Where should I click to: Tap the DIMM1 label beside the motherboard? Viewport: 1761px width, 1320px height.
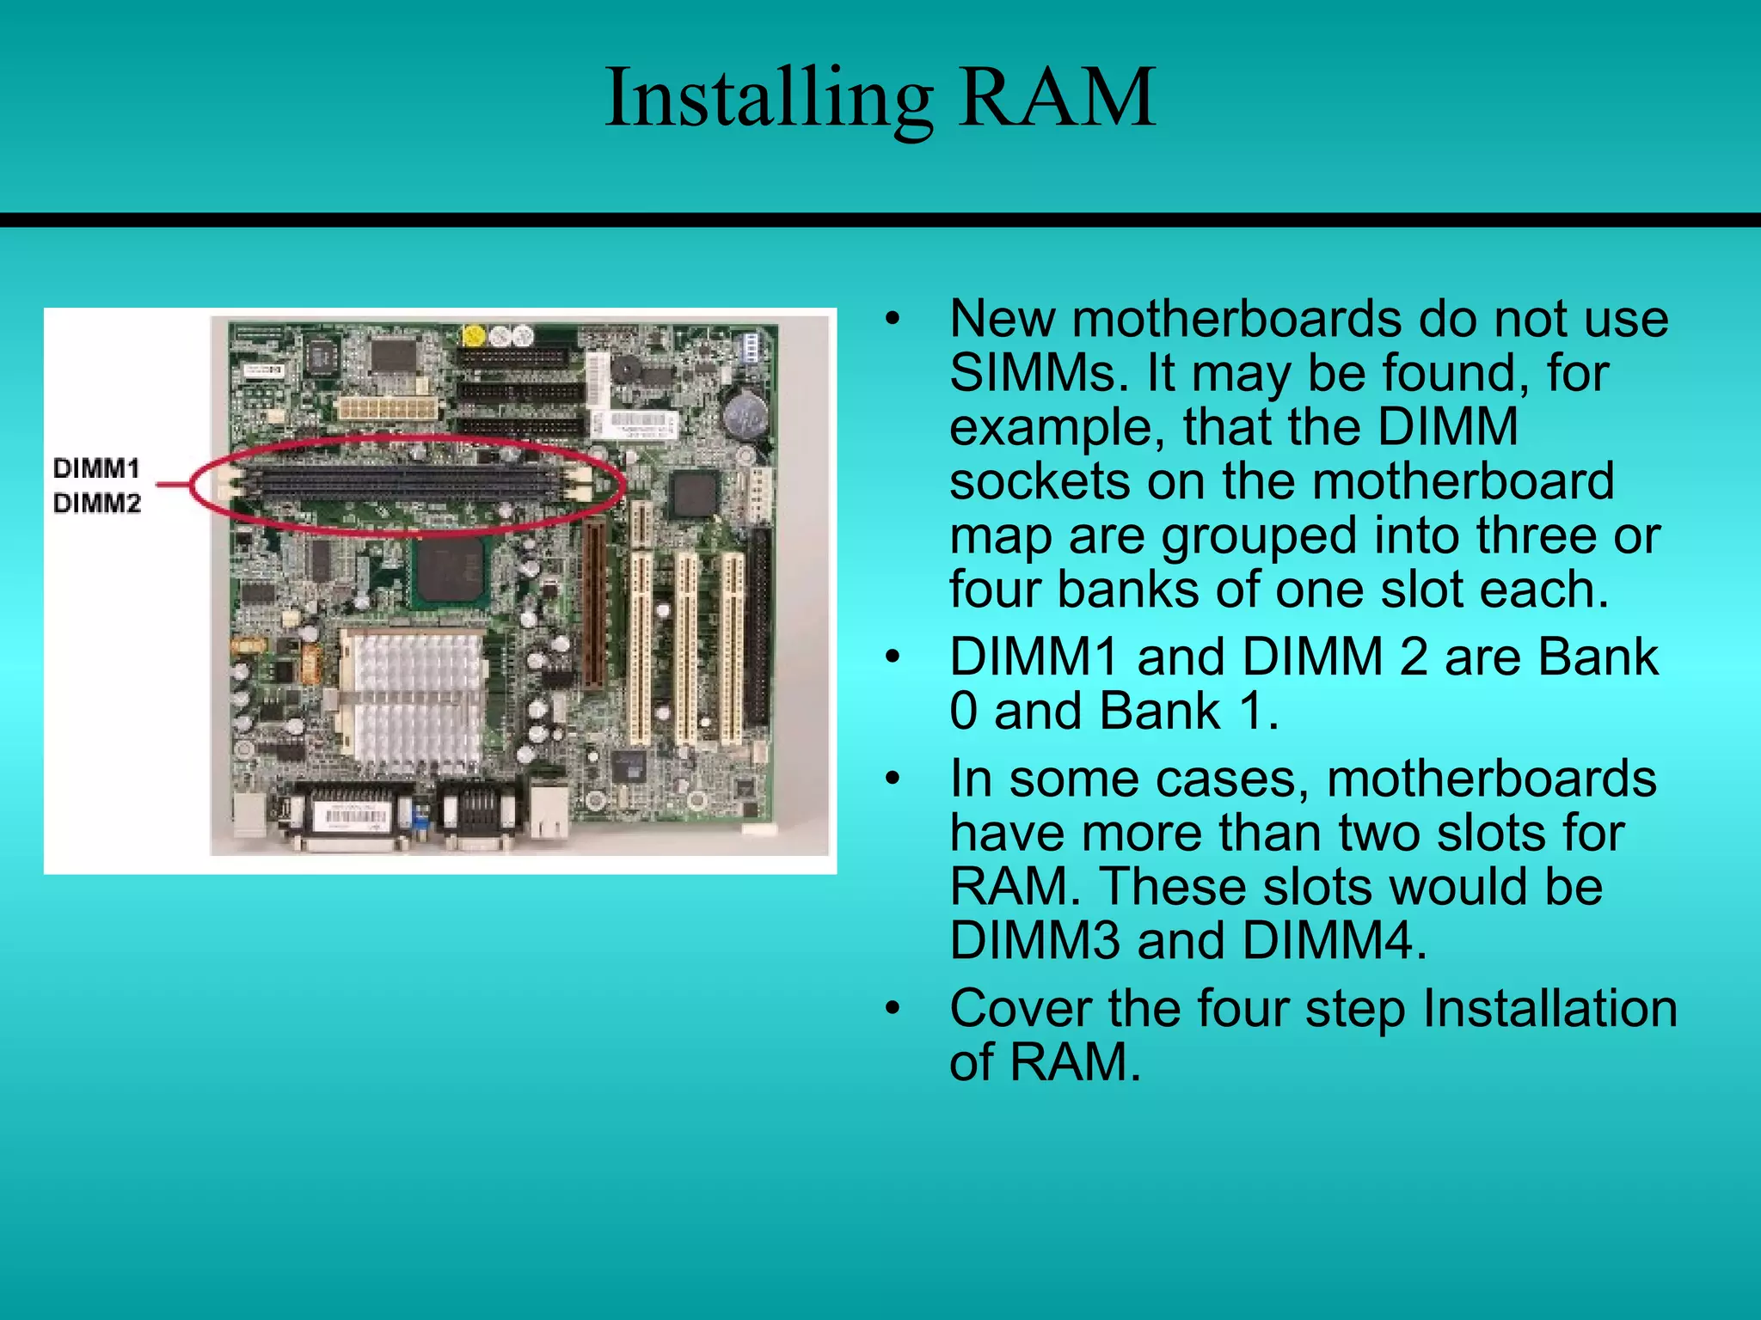[96, 468]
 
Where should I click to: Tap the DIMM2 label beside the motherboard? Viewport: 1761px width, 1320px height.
[96, 503]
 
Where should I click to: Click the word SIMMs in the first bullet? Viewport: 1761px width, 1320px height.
[1038, 374]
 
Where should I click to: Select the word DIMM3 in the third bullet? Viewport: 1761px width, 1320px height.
[1034, 940]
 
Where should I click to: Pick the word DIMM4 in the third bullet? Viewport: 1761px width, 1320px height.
[1334, 940]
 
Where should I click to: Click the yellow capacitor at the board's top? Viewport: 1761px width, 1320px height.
[472, 334]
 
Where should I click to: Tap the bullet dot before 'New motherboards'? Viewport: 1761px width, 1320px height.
[893, 320]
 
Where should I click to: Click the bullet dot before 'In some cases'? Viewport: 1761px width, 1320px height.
[893, 779]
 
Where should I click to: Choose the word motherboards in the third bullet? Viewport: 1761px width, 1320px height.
[1491, 779]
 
